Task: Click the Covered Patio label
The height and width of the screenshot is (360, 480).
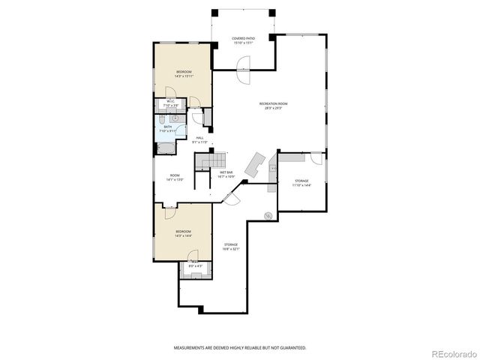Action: tap(243, 38)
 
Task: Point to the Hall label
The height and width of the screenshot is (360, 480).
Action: tap(200, 138)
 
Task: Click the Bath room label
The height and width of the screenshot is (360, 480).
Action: tap(168, 127)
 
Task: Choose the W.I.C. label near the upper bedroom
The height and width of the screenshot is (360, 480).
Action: tap(171, 100)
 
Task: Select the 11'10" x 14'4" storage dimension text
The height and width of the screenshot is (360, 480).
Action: tap(301, 184)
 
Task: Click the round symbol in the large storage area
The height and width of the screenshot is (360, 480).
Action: tap(267, 217)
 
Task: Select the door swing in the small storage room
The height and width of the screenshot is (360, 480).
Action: tap(317, 158)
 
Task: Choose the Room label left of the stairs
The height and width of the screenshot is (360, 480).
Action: tap(174, 175)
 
